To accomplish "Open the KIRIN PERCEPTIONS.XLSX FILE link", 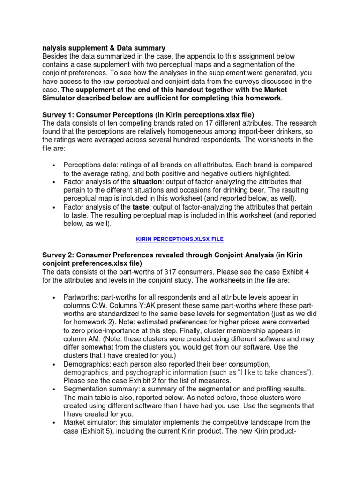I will tap(180, 239).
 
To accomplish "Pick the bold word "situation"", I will tap(147, 182).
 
